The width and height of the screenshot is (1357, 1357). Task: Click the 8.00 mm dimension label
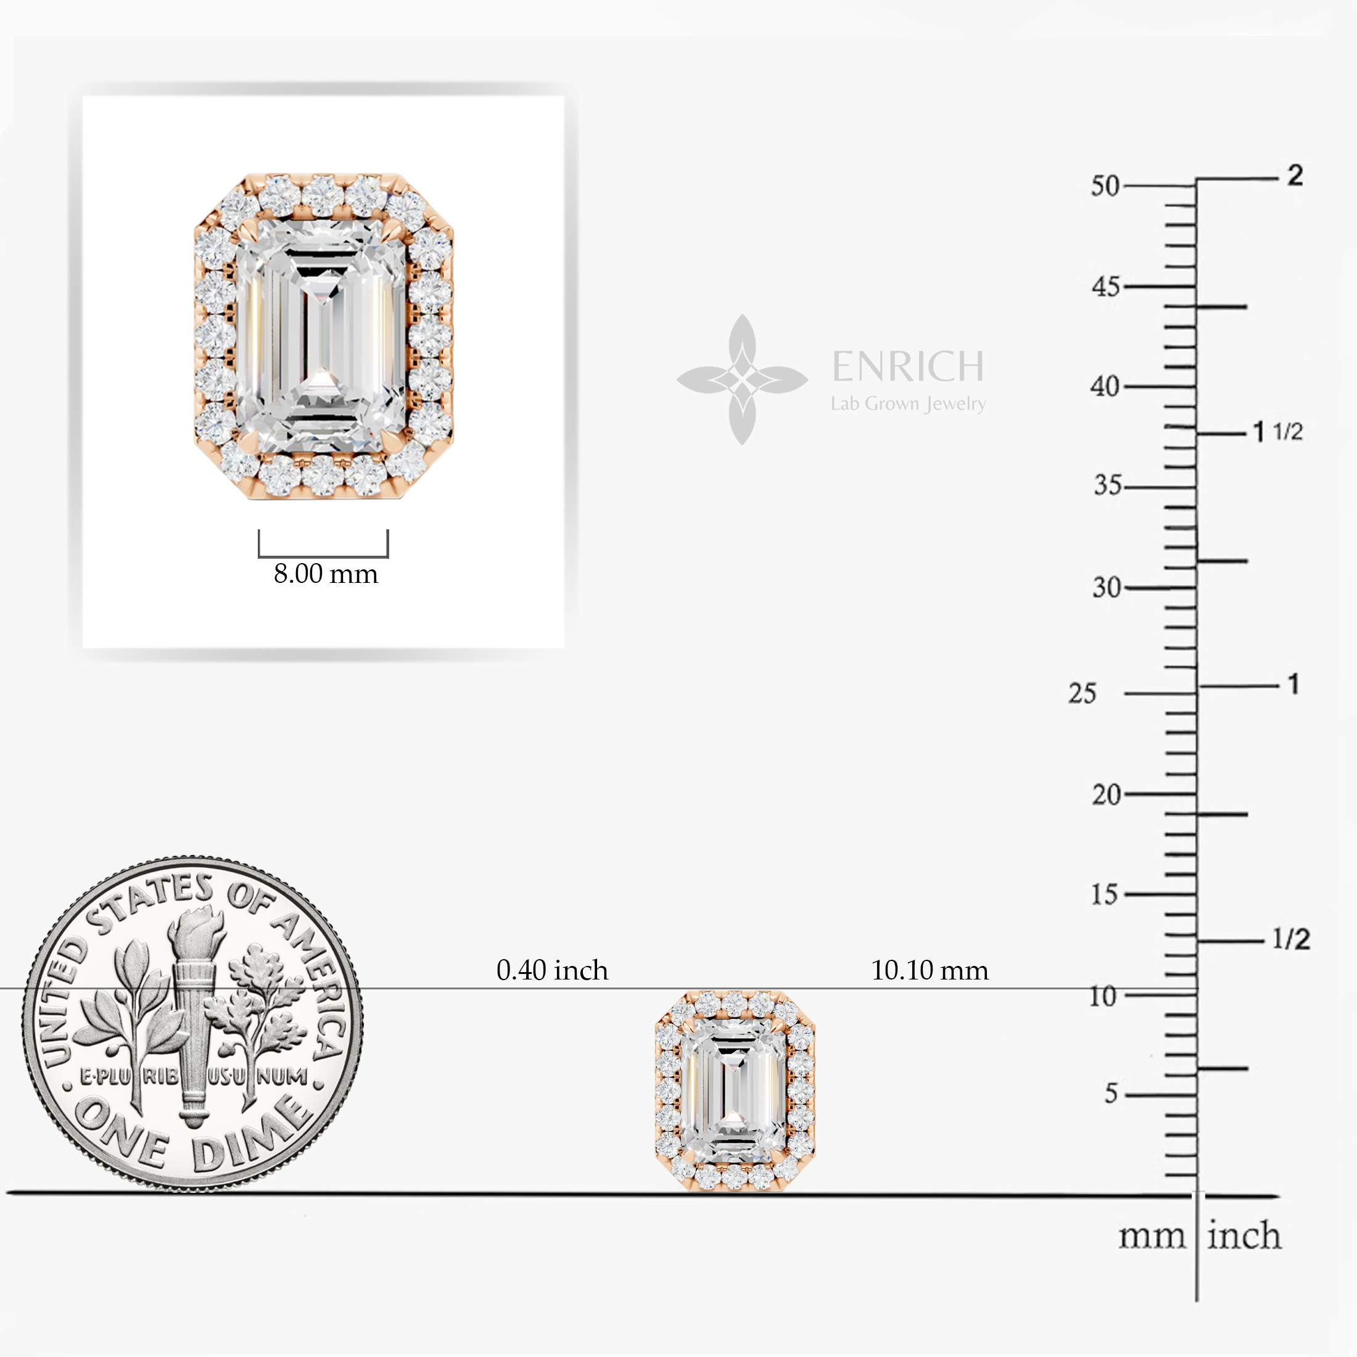pyautogui.click(x=326, y=574)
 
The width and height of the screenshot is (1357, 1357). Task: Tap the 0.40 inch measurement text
pyautogui.click(x=552, y=970)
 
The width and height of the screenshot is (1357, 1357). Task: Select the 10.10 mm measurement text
pyautogui.click(x=930, y=970)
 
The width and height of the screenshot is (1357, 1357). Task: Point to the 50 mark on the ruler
pyautogui.click(x=1105, y=186)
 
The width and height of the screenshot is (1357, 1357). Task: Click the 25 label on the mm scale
pyautogui.click(x=1083, y=693)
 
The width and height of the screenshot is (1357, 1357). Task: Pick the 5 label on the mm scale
pyautogui.click(x=1110, y=1094)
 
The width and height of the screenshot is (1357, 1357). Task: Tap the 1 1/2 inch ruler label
pyautogui.click(x=1278, y=431)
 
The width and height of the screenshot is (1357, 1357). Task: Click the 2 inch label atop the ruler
pyautogui.click(x=1295, y=175)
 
